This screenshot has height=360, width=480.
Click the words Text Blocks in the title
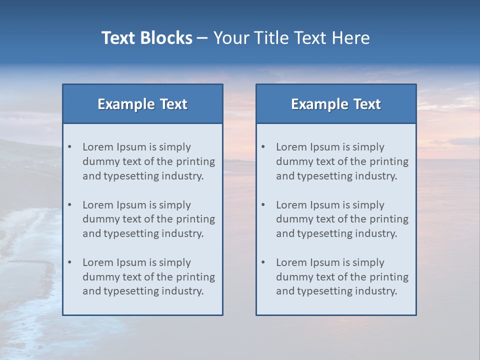pyautogui.click(x=146, y=38)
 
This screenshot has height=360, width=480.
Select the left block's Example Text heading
pyautogui.click(x=142, y=104)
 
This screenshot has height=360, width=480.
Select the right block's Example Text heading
pyautogui.click(x=336, y=104)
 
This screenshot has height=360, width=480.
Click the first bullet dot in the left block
pyautogui.click(x=70, y=147)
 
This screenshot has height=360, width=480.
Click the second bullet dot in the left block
pyautogui.click(x=70, y=205)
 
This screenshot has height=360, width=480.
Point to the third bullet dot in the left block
pyautogui.click(x=70, y=262)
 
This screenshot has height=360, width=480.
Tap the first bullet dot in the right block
pyautogui.click(x=263, y=147)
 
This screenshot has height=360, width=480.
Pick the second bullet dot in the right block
pyautogui.click(x=263, y=205)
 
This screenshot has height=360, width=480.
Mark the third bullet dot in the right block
pyautogui.click(x=263, y=262)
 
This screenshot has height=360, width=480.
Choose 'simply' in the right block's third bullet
pyautogui.click(x=369, y=262)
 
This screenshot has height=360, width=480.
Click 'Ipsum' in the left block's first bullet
pyautogui.click(x=131, y=147)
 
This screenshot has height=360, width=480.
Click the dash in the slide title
pyautogui.click(x=202, y=38)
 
